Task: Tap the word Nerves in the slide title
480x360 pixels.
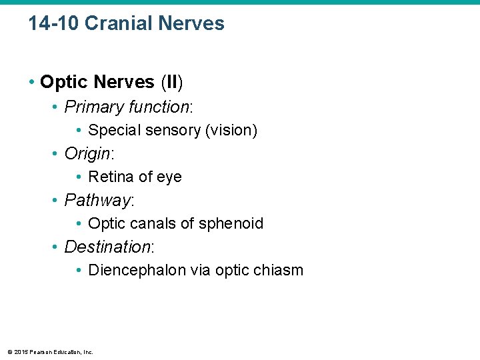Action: tap(193, 24)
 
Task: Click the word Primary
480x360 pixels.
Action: tap(95, 107)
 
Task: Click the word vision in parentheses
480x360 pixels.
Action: tap(229, 131)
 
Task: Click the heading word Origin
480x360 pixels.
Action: tap(87, 154)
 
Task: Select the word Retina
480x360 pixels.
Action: tap(110, 177)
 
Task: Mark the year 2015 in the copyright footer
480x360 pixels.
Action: tap(19, 352)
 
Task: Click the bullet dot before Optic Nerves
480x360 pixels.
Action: tap(32, 83)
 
